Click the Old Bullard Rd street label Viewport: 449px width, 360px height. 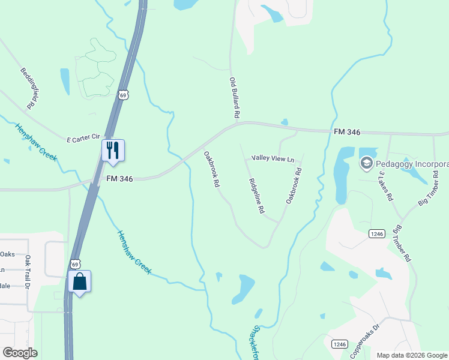pyautogui.click(x=235, y=97)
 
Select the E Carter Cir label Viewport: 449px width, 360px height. pyautogui.click(x=83, y=139)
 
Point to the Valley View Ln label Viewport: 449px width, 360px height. pyautogui.click(x=273, y=159)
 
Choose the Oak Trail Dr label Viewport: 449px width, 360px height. pyautogui.click(x=27, y=272)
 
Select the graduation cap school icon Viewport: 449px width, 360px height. pyautogui.click(x=366, y=163)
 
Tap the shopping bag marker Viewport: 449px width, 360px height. pyautogui.click(x=79, y=281)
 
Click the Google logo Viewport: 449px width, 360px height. pyautogui.click(x=20, y=353)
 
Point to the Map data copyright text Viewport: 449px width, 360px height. pyautogui.click(x=412, y=355)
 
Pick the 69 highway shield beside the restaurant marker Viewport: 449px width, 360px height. pyautogui.click(x=122, y=95)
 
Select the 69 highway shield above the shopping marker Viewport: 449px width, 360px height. pyautogui.click(x=74, y=263)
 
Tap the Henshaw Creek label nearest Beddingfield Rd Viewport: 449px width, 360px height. pyautogui.click(x=36, y=142)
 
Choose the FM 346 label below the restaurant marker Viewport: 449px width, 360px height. pyautogui.click(x=119, y=178)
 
